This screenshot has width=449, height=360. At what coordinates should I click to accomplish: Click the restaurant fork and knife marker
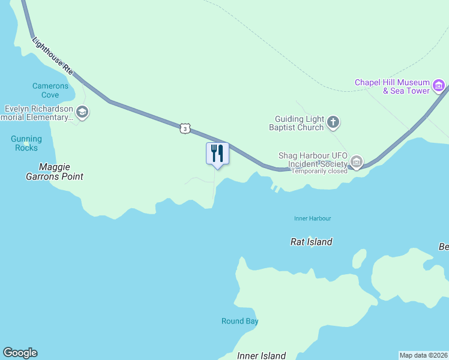217,154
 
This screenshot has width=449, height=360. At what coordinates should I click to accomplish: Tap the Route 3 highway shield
185,128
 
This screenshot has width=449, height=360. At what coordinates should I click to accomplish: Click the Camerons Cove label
50,91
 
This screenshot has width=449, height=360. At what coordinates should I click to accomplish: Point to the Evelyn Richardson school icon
82,112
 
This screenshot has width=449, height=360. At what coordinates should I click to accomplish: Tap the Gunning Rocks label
26,143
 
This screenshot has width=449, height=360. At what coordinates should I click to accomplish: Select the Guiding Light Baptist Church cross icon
333,123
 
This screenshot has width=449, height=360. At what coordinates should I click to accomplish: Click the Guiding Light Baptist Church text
299,124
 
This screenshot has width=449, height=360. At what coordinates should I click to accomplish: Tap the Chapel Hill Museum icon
439,86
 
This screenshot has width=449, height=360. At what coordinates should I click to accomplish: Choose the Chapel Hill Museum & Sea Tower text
392,86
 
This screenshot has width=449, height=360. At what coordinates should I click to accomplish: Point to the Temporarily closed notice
319,171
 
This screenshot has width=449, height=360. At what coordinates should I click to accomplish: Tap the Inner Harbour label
312,218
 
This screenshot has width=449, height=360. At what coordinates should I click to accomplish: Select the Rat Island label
311,242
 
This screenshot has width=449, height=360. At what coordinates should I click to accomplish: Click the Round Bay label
240,321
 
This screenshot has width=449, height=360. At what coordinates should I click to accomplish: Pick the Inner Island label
261,355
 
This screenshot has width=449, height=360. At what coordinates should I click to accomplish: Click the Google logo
20,353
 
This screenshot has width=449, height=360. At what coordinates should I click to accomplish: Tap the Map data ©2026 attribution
424,355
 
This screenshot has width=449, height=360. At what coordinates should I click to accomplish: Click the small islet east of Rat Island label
359,259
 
